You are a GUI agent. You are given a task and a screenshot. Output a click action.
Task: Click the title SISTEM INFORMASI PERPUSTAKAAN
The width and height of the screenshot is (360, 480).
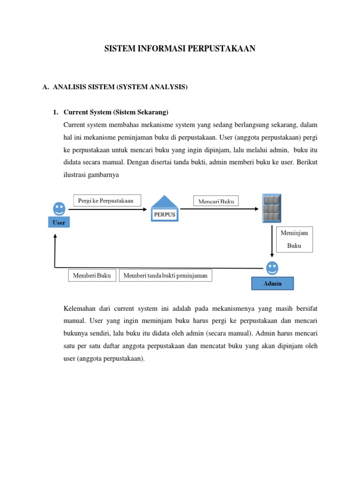(180, 48)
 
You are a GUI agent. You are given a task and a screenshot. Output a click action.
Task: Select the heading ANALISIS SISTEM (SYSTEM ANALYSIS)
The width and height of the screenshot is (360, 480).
(120, 87)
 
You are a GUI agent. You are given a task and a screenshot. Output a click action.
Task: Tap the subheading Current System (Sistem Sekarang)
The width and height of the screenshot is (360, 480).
(115, 112)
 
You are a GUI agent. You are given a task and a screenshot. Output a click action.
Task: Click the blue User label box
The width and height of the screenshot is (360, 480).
(59, 223)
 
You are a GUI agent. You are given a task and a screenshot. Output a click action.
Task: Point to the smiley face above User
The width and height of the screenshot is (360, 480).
(59, 208)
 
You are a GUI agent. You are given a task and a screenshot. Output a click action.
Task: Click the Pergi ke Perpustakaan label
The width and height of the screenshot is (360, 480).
(106, 201)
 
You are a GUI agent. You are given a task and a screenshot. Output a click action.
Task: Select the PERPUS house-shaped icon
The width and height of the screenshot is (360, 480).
(164, 209)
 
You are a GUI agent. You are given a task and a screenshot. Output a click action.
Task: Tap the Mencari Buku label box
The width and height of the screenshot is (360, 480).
(216, 201)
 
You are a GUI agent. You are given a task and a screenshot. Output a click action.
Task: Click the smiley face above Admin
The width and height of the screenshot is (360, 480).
(272, 268)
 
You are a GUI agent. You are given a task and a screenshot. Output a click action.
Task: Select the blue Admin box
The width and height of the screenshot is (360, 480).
(272, 284)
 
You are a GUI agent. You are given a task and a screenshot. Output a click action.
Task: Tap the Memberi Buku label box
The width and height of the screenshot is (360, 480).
(92, 276)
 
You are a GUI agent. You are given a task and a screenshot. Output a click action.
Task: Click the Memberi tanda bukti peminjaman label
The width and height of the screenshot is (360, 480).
(165, 276)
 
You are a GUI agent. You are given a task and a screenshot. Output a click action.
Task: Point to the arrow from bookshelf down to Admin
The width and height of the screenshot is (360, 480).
(272, 241)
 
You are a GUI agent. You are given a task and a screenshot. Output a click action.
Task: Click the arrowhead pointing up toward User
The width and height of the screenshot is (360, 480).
(55, 237)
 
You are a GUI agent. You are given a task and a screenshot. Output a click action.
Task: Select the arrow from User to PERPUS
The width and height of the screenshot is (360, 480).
(108, 210)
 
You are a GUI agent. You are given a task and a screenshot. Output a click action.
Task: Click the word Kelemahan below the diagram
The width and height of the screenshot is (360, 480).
(79, 308)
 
